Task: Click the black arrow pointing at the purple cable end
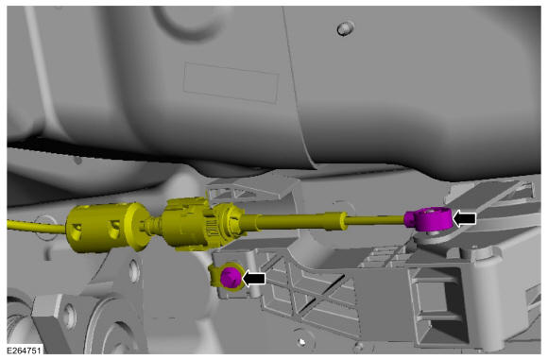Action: [464, 219]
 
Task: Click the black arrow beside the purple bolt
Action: [254, 279]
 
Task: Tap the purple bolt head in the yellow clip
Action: [231, 277]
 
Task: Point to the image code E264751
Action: [24, 350]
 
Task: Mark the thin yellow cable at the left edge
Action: [36, 226]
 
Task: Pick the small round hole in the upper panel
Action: [345, 28]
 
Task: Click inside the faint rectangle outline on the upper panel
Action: [231, 83]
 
